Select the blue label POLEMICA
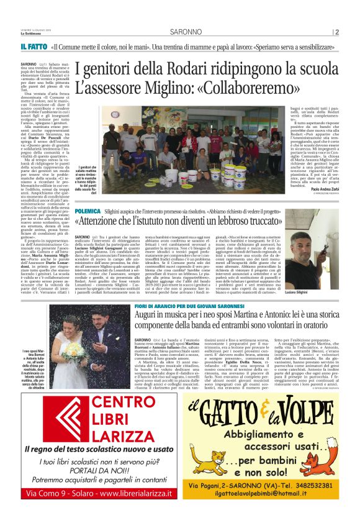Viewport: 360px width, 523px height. (89, 211)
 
